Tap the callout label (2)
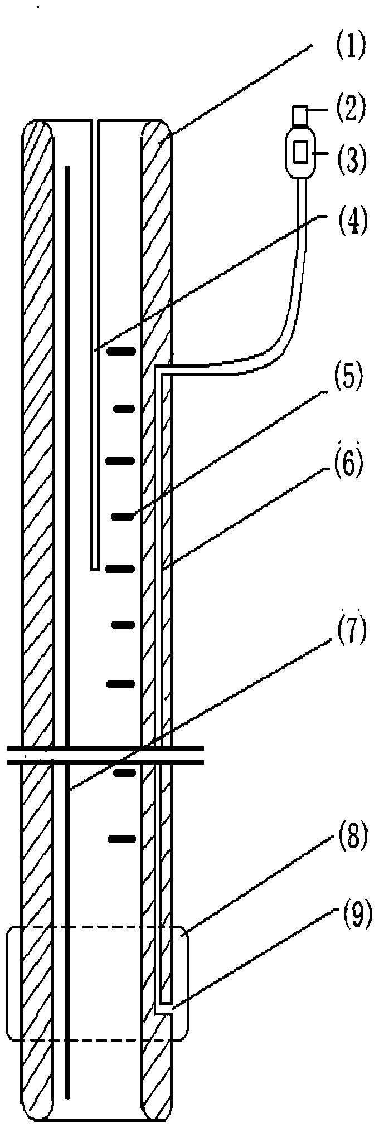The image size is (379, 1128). coord(350,108)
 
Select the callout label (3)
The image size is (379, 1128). coord(350,157)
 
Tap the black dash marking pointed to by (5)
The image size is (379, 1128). coord(124,517)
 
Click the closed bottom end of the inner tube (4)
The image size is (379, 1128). coord(95,568)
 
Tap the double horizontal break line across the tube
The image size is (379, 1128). coord(106,754)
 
